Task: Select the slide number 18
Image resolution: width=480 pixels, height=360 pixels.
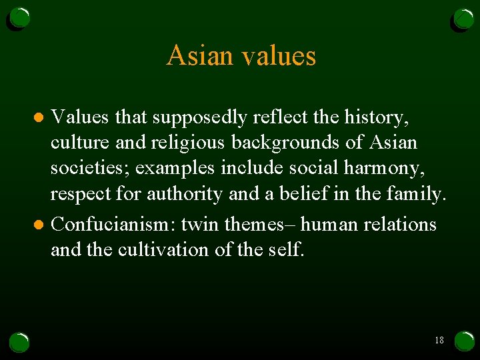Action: point(439,340)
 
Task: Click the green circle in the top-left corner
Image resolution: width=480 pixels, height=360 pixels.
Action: point(19,18)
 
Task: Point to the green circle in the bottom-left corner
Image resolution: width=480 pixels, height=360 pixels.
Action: point(19,342)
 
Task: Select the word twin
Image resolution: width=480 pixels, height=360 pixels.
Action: point(201,225)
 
